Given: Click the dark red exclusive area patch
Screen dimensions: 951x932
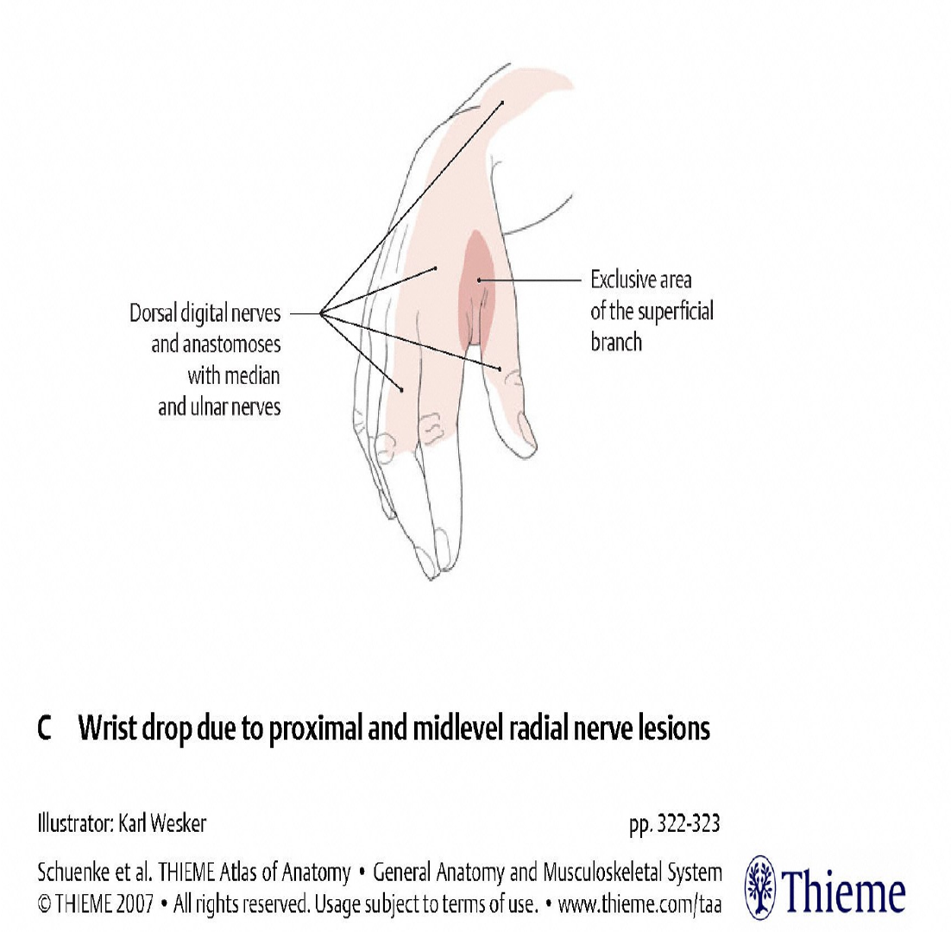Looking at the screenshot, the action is [477, 285].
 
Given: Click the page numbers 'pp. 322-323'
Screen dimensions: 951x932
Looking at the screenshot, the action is [675, 824].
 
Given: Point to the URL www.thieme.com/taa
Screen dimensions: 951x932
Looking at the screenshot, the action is [639, 905].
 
